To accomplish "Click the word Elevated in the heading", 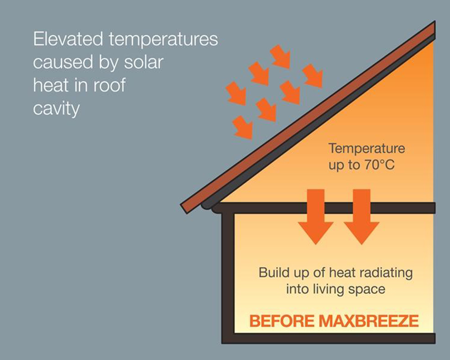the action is (x=68, y=39).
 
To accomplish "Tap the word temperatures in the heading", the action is (x=163, y=40).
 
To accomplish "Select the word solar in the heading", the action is (x=144, y=62).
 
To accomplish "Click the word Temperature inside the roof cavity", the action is (x=367, y=148).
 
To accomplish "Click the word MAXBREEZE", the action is (x=369, y=321).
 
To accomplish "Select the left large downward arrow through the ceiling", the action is (x=316, y=217).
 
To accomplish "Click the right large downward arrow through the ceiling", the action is (x=362, y=217).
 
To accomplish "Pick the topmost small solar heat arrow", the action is (x=281, y=57).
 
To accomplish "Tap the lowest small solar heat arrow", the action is (x=243, y=127).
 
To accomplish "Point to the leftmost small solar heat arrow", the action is (x=236, y=93).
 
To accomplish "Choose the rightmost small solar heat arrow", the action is (x=313, y=76).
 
